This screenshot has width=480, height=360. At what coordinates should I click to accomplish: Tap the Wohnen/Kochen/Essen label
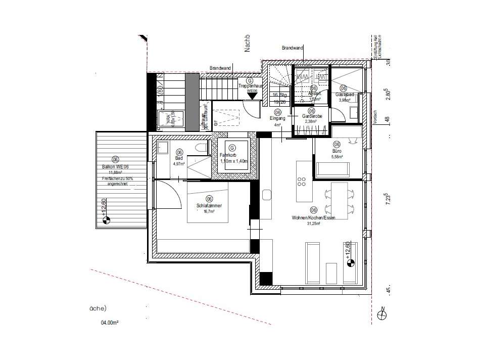pos(313,217)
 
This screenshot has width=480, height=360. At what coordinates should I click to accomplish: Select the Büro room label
pos(337,151)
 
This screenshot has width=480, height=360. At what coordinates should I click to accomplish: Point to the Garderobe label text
pos(312,116)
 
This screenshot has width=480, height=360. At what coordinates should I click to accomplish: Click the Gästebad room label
pos(344,95)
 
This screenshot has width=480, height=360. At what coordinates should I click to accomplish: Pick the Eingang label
pos(277,118)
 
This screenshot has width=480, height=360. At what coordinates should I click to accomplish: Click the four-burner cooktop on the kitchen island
pos(303,182)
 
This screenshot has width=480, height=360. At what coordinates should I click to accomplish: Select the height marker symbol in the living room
pos(349,261)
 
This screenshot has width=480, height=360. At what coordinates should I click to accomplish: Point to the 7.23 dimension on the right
pos(388,197)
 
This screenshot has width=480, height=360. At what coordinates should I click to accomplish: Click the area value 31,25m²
pos(313,223)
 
